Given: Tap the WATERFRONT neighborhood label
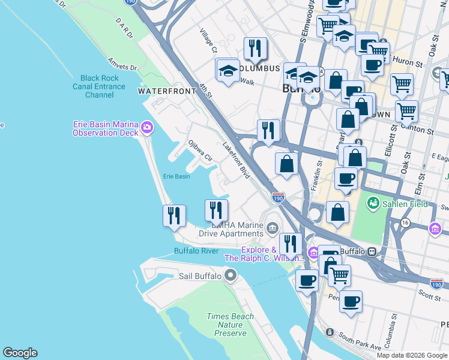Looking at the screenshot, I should [x=167, y=91].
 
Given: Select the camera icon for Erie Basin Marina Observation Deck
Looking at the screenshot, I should [x=147, y=127].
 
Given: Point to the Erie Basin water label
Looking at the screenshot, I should [x=176, y=176].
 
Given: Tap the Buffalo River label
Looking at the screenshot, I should [x=196, y=251].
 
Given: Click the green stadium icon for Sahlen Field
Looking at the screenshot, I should [x=374, y=204].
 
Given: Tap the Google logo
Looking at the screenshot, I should [x=20, y=353].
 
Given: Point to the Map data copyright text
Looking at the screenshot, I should [x=412, y=355].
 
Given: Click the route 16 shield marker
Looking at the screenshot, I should [x=388, y=223].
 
